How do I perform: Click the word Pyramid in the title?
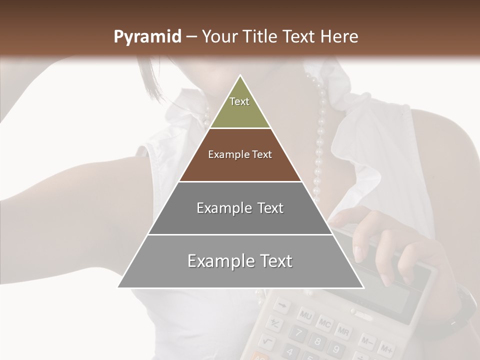147,37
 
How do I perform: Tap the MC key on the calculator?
324,323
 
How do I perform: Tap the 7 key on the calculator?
297,333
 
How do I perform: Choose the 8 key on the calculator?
316,341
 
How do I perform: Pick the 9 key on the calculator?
335,348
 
